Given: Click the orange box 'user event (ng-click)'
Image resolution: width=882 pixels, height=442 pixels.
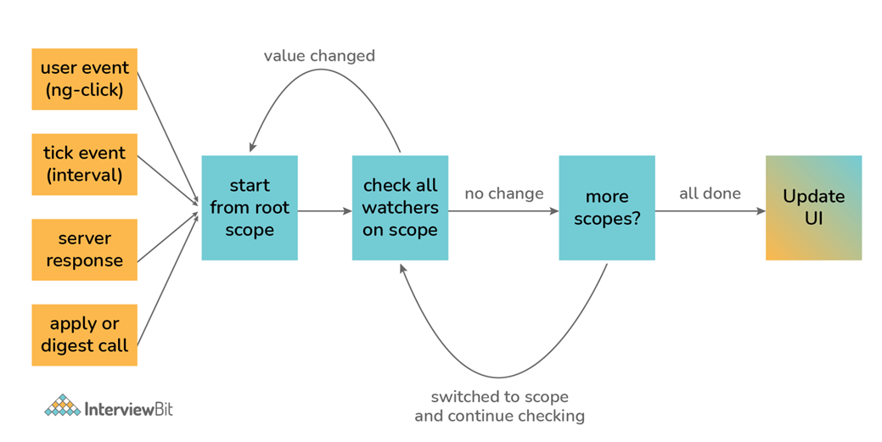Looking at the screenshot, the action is point(84,79).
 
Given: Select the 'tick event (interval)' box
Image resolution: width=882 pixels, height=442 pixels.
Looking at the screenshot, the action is point(84,165).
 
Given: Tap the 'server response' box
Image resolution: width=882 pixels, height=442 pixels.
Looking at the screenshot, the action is point(84,249).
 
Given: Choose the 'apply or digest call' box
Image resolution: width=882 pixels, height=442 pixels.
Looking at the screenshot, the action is point(84,335).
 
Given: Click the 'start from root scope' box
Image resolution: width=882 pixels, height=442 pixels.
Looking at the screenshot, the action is point(250,208).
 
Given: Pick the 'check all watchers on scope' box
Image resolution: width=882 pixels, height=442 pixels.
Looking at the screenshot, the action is point(400,208).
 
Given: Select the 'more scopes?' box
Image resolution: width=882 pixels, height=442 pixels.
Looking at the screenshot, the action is point(607,208).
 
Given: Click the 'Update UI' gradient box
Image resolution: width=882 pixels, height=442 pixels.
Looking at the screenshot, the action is point(813,208).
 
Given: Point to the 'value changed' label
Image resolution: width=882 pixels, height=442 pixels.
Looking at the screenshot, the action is point(319,56).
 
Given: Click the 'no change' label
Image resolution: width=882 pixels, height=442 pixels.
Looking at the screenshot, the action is point(504,194).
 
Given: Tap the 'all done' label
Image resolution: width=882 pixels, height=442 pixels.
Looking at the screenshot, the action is point(710,194).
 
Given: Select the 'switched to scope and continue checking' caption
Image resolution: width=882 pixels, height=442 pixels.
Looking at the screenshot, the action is point(499,406).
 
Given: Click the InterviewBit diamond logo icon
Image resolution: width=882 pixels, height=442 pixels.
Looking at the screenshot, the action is point(63,406).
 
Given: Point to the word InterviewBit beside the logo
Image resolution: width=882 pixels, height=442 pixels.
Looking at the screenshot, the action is point(129,409).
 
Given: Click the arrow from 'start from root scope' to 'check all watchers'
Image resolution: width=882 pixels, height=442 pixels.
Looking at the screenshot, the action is point(324,211).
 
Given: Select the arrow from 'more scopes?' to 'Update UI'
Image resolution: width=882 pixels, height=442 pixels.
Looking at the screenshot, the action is point(711,211).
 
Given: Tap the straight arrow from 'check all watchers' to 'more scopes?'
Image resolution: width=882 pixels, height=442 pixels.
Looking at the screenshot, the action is point(503,211).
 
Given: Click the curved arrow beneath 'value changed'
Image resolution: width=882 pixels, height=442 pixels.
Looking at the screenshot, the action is point(321,70).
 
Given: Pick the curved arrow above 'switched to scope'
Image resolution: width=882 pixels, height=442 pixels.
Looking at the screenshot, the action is point(499,378).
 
